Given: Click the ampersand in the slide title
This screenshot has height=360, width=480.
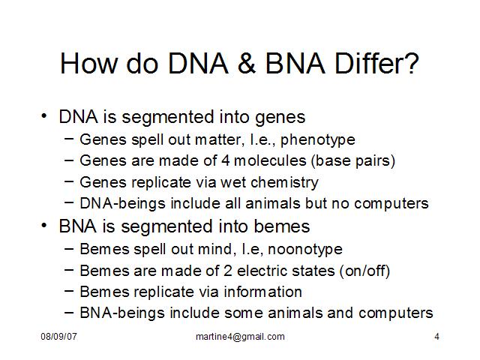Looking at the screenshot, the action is click(247, 63).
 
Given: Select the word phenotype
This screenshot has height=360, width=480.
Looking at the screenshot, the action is click(318, 140).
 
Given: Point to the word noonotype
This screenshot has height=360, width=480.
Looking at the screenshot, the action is click(305, 250).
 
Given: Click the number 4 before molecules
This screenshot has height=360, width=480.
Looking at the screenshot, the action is click(225, 160).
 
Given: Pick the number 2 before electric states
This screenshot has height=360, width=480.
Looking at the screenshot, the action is click(227, 271).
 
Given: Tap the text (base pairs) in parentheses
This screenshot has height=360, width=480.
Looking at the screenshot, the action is click(353, 161).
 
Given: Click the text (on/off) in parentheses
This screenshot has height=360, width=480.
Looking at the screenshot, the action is click(364, 271).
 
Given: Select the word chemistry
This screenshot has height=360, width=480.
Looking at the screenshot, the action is click(285, 183).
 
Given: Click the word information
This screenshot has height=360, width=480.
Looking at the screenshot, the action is click(263, 292).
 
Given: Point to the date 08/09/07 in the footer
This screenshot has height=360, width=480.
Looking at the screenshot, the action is click(58, 337).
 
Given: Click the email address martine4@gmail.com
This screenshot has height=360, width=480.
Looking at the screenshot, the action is click(240, 337).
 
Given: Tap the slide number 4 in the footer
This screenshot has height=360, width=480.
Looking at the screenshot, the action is click(436, 337).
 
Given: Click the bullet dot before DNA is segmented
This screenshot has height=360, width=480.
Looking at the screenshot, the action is click(44, 116).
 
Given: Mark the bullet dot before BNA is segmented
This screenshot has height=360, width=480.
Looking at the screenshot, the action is click(44, 226).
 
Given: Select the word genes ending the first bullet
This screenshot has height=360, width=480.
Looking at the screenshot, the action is click(280, 118).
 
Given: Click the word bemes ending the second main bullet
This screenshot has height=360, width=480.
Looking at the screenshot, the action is click(282, 226).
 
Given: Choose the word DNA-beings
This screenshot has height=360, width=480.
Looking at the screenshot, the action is click(122, 204).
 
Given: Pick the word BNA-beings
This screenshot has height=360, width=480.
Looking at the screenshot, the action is click(122, 313).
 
